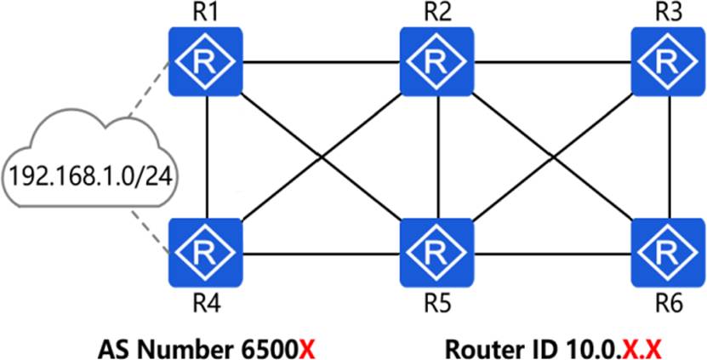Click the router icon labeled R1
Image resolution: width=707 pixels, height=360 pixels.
[x=206, y=61]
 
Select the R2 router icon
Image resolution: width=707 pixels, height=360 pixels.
[x=436, y=61]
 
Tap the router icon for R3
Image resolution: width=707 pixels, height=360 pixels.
[x=667, y=61]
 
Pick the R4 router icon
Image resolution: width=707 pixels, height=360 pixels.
[x=206, y=253]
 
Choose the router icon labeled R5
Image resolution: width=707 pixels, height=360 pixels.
[x=436, y=253]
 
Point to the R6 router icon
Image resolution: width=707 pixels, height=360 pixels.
[x=667, y=253]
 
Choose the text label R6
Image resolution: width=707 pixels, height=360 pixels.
[x=669, y=306]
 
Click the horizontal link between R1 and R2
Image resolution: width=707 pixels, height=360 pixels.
[x=322, y=62]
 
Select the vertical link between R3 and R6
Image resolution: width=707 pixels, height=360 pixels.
[x=670, y=157]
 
